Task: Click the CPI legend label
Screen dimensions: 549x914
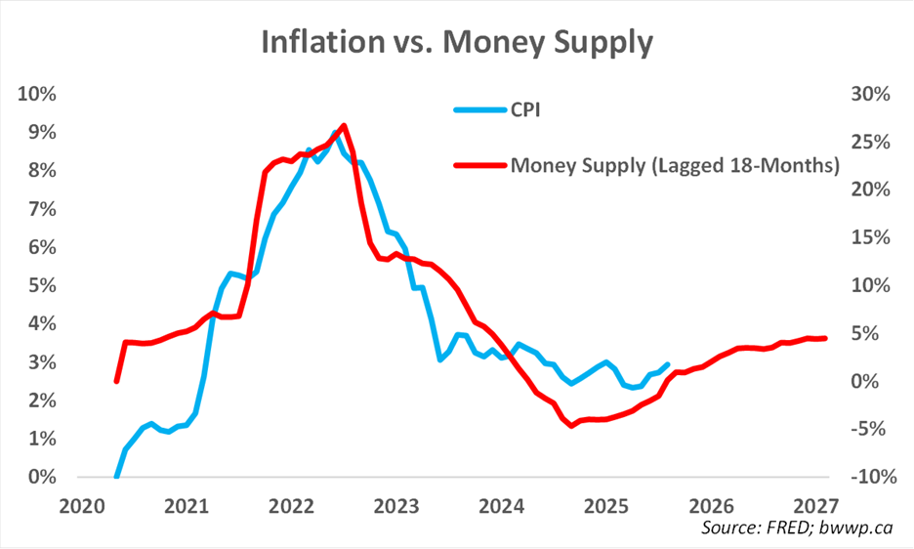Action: tap(525, 109)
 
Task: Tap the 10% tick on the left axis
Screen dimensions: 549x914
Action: tap(37, 94)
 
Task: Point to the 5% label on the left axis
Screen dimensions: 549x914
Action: tap(41, 285)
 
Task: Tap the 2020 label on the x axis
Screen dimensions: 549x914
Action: tap(82, 506)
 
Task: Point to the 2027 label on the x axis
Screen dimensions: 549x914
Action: tap(816, 506)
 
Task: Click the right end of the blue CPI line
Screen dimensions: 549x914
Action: tap(669, 364)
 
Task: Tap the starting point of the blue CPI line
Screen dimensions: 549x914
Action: tap(117, 477)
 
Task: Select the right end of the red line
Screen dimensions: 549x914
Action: tap(825, 338)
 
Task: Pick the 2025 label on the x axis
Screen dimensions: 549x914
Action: tap(606, 506)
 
